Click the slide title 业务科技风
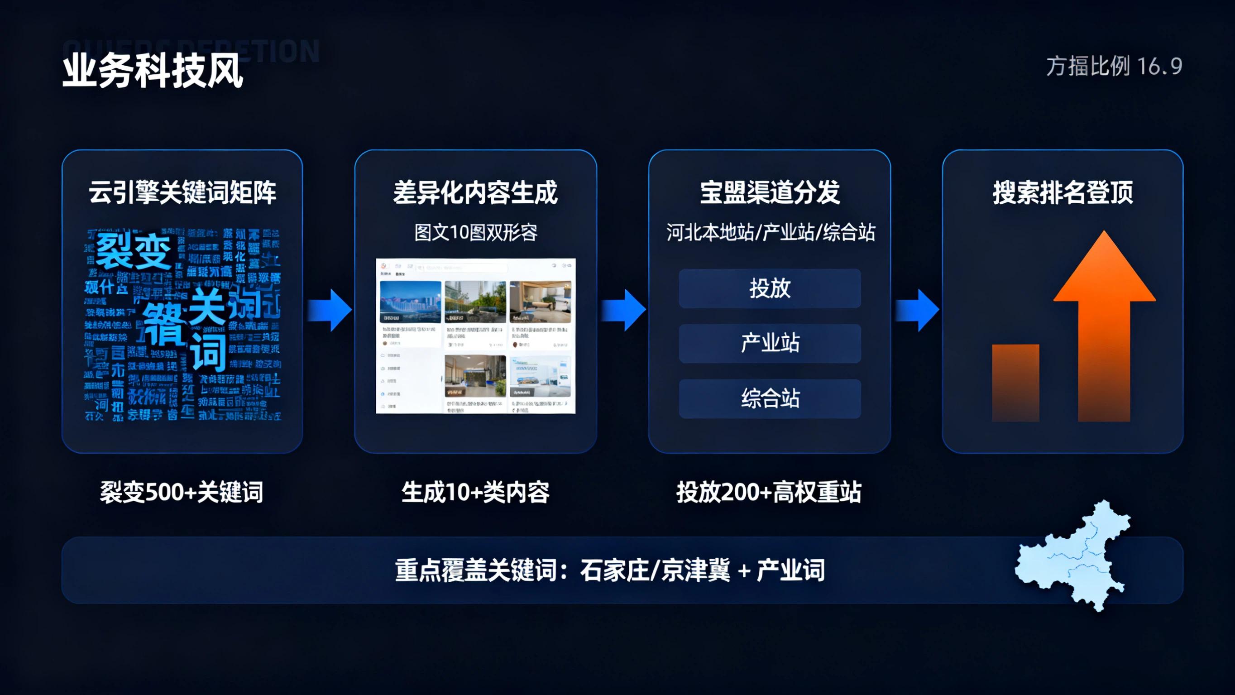tap(153, 72)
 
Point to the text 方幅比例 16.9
tap(1113, 66)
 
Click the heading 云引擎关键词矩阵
tap(182, 193)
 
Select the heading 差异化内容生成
tap(475, 193)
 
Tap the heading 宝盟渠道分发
tap(770, 193)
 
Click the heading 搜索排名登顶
tap(1063, 193)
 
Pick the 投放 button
tap(770, 288)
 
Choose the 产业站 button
tap(770, 343)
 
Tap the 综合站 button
tap(770, 398)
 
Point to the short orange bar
tap(1015, 383)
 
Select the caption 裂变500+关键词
tap(181, 492)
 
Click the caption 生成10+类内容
tap(475, 492)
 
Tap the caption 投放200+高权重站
tap(769, 492)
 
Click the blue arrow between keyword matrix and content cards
tap(330, 310)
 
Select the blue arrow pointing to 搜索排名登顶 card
tap(917, 310)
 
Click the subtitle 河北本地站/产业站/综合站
tap(770, 233)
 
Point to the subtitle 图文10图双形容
tap(475, 233)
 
